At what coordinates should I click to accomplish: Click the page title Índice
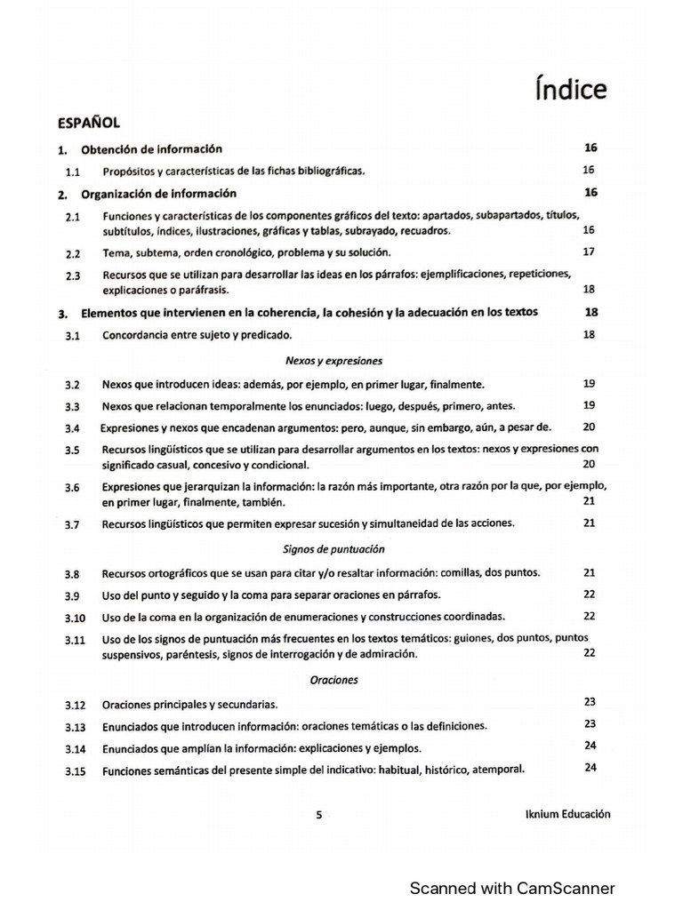point(572,90)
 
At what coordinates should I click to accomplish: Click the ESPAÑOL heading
point(89,124)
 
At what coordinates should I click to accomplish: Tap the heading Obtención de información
point(151,149)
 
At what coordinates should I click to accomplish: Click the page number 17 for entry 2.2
point(588,251)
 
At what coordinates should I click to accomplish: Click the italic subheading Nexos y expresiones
point(333,361)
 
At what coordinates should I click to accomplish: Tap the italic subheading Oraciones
point(333,680)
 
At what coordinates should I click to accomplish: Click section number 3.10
point(75,618)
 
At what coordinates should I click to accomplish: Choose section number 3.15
point(75,771)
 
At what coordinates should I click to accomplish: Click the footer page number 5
point(319,815)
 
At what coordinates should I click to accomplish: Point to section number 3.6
point(73,488)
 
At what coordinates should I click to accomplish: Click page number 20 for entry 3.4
point(588,427)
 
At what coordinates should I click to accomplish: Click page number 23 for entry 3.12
point(589,700)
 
